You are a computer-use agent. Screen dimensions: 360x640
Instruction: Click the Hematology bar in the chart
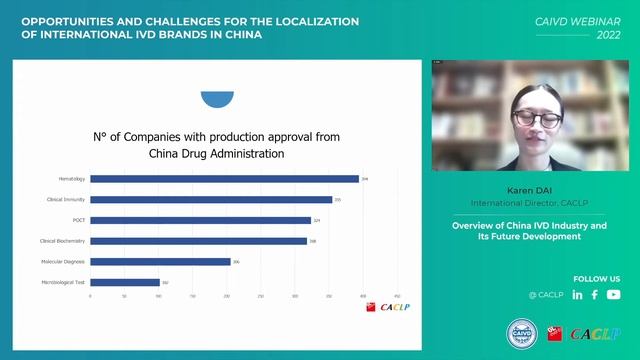(x=224, y=179)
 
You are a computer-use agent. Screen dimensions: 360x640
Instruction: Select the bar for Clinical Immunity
(x=211, y=200)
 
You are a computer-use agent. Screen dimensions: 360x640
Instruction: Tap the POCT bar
(x=200, y=220)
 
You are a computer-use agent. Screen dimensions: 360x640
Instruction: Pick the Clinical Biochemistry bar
(x=198, y=241)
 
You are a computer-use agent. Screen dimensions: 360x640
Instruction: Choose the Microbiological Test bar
(x=124, y=283)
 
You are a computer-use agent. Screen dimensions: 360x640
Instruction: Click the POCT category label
(x=80, y=220)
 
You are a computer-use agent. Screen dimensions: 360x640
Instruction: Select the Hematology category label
(x=72, y=179)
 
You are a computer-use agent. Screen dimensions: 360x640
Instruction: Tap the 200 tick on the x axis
(x=227, y=296)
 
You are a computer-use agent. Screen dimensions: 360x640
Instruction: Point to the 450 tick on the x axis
(x=398, y=296)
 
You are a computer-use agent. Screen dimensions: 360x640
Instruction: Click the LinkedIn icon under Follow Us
(x=577, y=295)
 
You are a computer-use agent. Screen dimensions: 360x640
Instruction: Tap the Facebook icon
(x=595, y=295)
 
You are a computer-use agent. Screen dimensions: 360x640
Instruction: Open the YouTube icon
(x=613, y=295)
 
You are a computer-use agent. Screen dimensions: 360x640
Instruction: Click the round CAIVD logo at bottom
(x=520, y=333)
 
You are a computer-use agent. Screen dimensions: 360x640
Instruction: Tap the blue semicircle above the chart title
(x=217, y=98)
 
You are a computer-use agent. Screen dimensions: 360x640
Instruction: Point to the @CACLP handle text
(x=546, y=295)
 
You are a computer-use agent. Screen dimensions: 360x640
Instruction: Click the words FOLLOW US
(x=597, y=278)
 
